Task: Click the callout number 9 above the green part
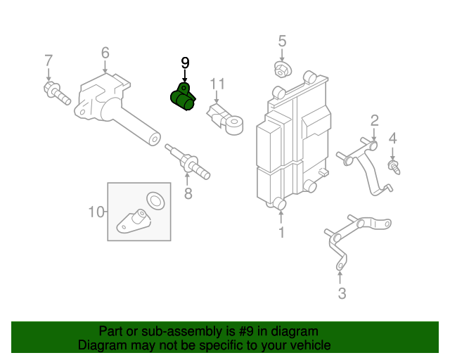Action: point(186,63)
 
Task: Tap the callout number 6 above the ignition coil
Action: point(105,53)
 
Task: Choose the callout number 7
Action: point(49,60)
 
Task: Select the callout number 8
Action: point(188,193)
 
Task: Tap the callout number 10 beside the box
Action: point(96,211)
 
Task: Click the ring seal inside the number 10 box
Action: point(155,200)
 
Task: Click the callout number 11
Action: point(218,84)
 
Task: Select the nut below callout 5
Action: point(282,70)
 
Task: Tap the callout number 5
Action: point(282,41)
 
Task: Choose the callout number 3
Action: point(342,294)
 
